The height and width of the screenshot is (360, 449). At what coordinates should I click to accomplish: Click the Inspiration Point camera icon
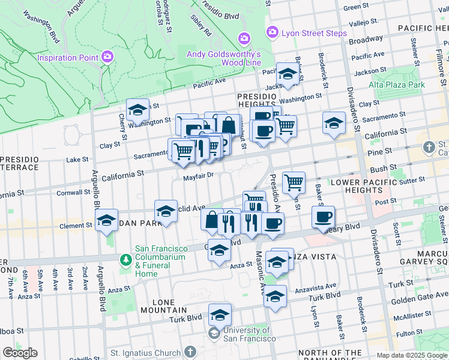pyautogui.click(x=107, y=58)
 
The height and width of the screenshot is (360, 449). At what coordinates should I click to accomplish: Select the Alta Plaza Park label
pyautogui.click(x=397, y=85)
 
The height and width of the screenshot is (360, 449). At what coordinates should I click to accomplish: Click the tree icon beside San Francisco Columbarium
pyautogui.click(x=126, y=260)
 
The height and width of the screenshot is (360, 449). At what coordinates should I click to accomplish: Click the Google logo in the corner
pyautogui.click(x=20, y=353)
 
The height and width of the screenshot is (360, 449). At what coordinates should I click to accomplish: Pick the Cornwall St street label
pyautogui.click(x=73, y=193)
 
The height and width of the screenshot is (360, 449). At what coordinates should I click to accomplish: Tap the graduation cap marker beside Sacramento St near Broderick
pyautogui.click(x=334, y=122)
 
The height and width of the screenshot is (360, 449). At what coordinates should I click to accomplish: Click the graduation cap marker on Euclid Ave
pyautogui.click(x=166, y=211)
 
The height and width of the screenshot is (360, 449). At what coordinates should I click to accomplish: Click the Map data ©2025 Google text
pyautogui.click(x=411, y=355)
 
